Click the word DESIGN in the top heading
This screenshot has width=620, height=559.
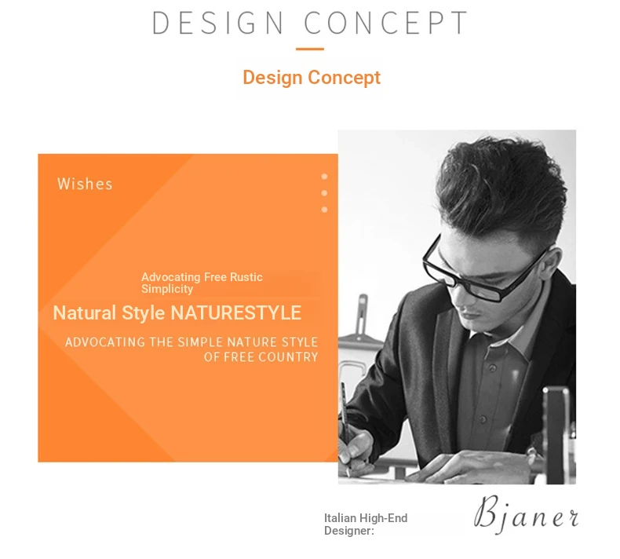pyautogui.click(x=218, y=23)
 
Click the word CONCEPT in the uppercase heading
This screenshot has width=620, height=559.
pyautogui.click(x=386, y=23)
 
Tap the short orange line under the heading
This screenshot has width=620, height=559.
pyautogui.click(x=310, y=49)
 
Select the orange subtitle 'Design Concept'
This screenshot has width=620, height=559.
pyautogui.click(x=312, y=78)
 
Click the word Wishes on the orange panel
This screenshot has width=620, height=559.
pyautogui.click(x=85, y=184)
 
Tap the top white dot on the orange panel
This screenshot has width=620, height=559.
pyautogui.click(x=324, y=177)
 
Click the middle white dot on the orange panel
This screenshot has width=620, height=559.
pyautogui.click(x=324, y=193)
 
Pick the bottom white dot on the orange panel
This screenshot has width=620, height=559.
pyautogui.click(x=324, y=210)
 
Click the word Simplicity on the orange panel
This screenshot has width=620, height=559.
pyautogui.click(x=167, y=289)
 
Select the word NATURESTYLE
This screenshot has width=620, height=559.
pyautogui.click(x=236, y=313)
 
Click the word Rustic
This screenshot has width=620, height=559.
pyautogui.click(x=246, y=277)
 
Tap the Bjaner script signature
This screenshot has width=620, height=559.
pyautogui.click(x=527, y=513)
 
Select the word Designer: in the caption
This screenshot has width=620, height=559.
pyautogui.click(x=349, y=531)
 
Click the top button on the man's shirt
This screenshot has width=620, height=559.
pyautogui.click(x=492, y=368)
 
